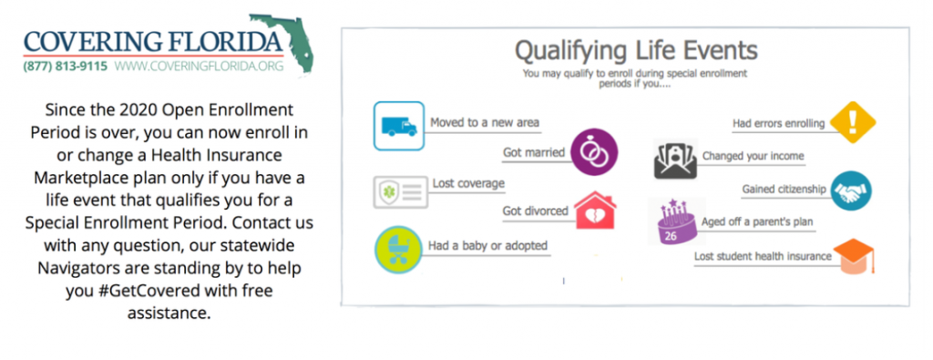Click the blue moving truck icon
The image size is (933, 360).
pos(399,126)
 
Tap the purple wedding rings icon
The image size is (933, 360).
pos(594,152)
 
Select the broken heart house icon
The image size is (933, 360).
pos(594,211)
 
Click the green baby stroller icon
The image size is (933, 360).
pos(399,250)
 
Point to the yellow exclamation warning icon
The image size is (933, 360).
pos(852,122)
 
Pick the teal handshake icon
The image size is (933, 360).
pos(851,190)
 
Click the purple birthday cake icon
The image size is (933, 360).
pos(677,221)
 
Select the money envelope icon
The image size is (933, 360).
pos(675,159)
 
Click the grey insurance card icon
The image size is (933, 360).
pos(401,191)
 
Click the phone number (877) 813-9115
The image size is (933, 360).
pos(66,66)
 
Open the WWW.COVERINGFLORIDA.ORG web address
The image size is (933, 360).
pos(200,66)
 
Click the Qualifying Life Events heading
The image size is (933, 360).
pos(636,51)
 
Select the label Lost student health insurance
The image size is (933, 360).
pos(763,256)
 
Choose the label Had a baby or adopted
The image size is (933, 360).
pos(488,246)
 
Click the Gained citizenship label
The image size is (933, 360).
pos(784,190)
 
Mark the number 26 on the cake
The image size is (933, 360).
pos(671,236)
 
